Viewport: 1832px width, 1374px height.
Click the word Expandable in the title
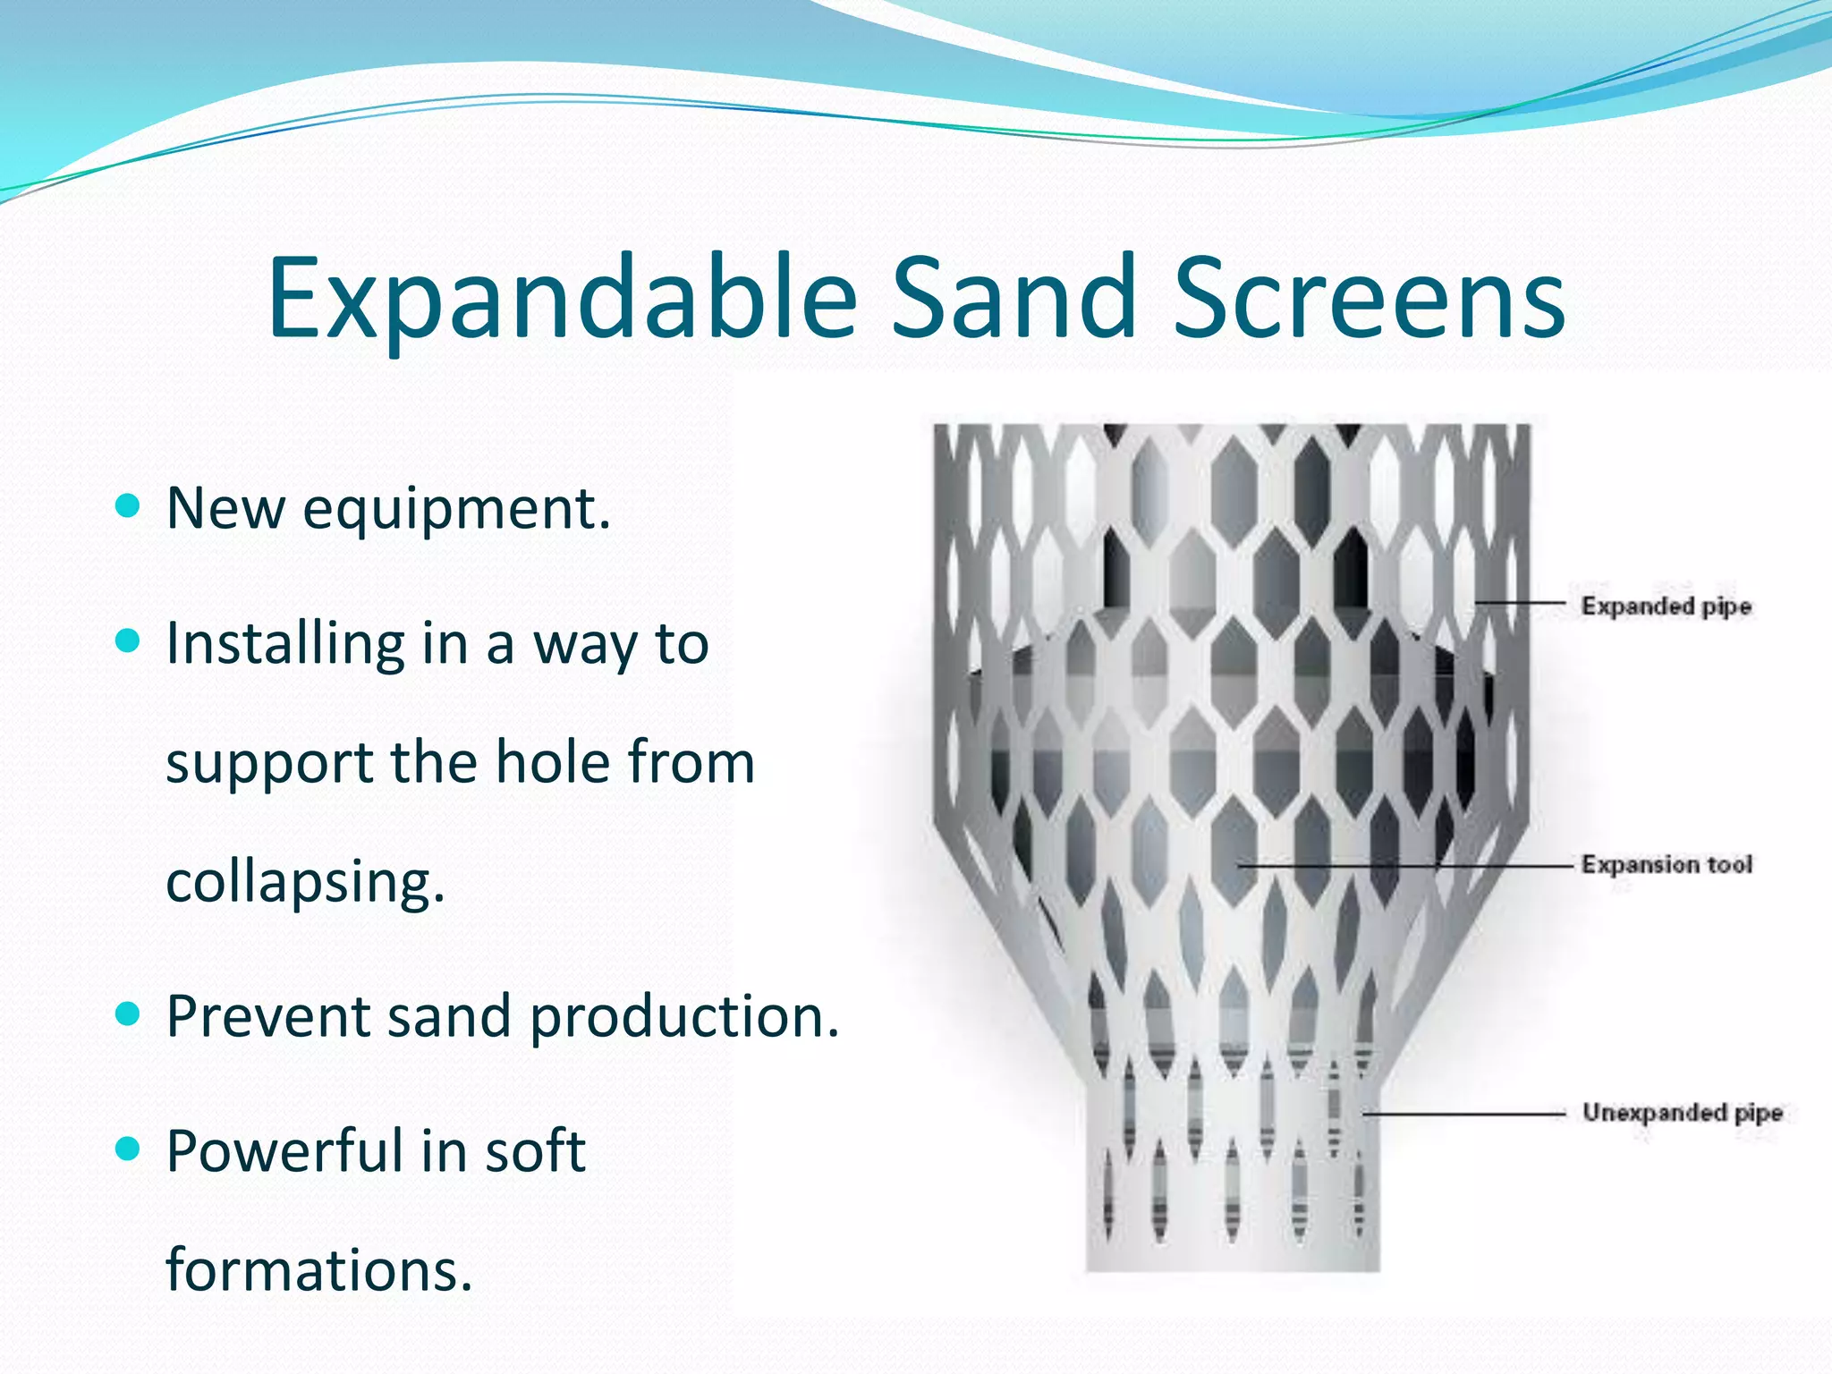click(562, 300)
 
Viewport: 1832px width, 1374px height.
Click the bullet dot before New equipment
click(129, 506)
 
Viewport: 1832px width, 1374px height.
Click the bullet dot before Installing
click(129, 640)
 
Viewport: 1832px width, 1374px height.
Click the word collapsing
click(305, 882)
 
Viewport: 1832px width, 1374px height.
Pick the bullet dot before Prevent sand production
click(129, 1014)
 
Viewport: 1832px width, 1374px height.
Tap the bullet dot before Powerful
click(129, 1149)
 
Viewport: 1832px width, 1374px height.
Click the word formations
click(318, 1269)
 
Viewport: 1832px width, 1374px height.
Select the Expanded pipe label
click(1666, 606)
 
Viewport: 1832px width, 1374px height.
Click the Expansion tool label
click(1666, 865)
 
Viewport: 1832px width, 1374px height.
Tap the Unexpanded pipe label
click(1682, 1113)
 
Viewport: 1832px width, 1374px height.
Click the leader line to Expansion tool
click(1404, 866)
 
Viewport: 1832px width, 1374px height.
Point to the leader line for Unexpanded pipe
click(1467, 1114)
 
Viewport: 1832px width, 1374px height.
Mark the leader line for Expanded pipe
click(1521, 603)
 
